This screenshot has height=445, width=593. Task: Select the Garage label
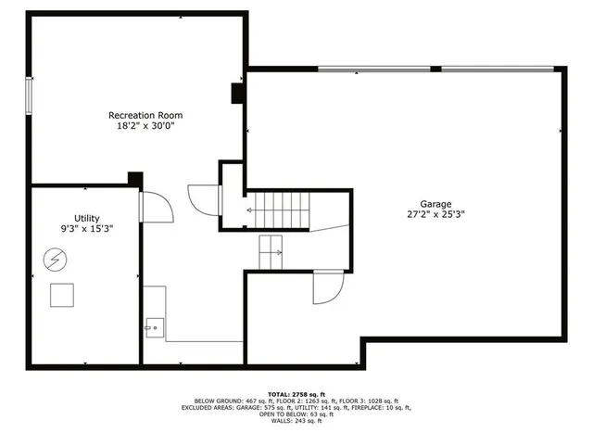pyautogui.click(x=435, y=203)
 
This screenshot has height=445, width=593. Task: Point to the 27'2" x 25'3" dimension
pyautogui.click(x=435, y=214)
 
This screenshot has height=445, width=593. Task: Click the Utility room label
pyautogui.click(x=74, y=217)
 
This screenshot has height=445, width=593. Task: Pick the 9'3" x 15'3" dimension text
pyautogui.click(x=74, y=228)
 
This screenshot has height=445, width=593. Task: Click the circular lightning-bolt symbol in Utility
pyautogui.click(x=55, y=259)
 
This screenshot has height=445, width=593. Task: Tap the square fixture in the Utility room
pyautogui.click(x=63, y=294)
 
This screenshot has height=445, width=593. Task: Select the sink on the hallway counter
pyautogui.click(x=153, y=325)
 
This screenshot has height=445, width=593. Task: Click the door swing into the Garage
pyautogui.click(x=326, y=286)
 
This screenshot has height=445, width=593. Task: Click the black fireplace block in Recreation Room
pyautogui.click(x=236, y=94)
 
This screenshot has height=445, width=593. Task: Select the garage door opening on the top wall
pyautogui.click(x=439, y=69)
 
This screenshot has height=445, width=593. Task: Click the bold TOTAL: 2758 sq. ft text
pyautogui.click(x=296, y=393)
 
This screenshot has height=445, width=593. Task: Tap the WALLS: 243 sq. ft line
pyautogui.click(x=296, y=422)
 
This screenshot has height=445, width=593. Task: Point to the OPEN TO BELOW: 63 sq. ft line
pyautogui.click(x=296, y=414)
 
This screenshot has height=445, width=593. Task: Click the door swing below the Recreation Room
pyautogui.click(x=203, y=198)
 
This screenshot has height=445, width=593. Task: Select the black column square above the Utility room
pyautogui.click(x=135, y=179)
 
